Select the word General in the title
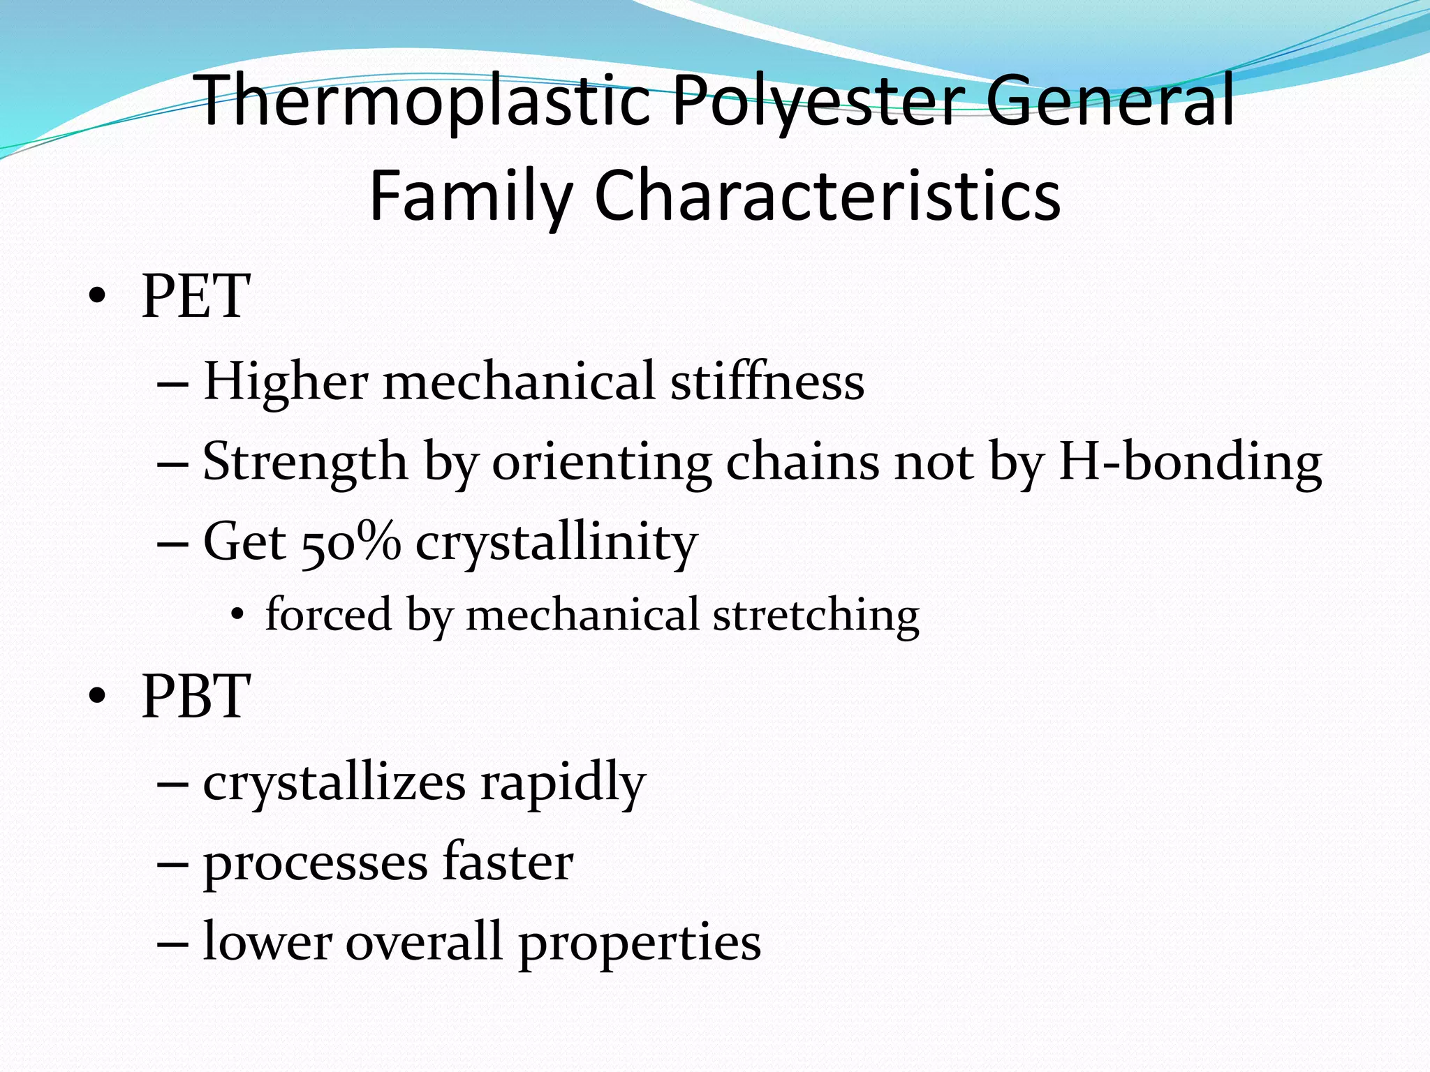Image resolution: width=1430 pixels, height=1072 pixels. pyautogui.click(x=1110, y=101)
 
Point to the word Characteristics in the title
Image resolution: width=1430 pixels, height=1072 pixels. pyautogui.click(x=827, y=197)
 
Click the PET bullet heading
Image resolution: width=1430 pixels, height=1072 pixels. pyautogui.click(x=196, y=297)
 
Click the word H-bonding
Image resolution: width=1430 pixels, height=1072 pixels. pyautogui.click(x=1190, y=462)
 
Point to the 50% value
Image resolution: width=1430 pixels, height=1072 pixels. pyautogui.click(x=351, y=542)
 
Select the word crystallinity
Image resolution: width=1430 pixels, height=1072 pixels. pyautogui.click(x=556, y=542)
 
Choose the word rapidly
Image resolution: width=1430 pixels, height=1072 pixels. pyautogui.click(x=562, y=782)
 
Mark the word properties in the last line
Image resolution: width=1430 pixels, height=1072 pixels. pyautogui.click(x=639, y=943)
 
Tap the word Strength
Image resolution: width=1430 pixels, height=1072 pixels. pyautogui.click(x=304, y=462)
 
